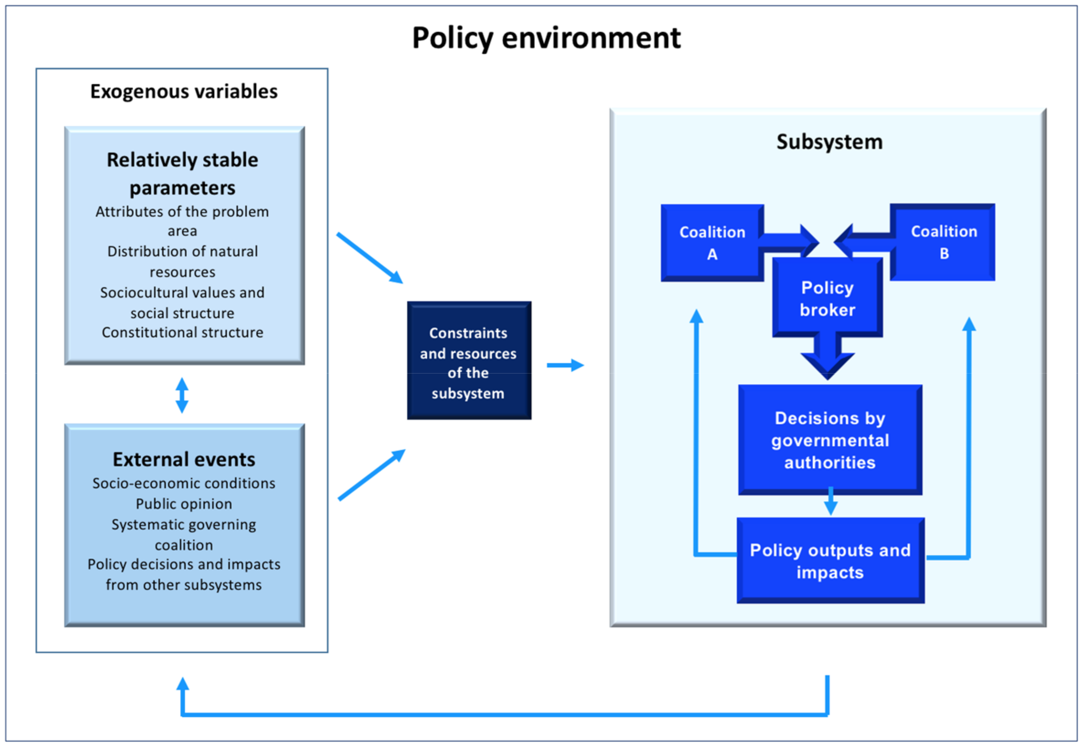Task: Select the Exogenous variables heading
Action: coord(183,91)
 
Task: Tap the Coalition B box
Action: coord(943,242)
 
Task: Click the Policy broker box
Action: coord(827,299)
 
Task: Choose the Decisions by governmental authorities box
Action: coord(829,440)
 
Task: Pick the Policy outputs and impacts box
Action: coord(830,561)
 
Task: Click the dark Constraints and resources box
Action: coord(468,360)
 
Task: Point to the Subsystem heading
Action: coord(829,142)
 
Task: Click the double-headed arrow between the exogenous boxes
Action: coord(182,396)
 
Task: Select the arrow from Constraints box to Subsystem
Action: coord(565,365)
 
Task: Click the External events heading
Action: coord(184,460)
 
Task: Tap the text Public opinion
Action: coord(184,504)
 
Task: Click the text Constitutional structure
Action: coord(183,332)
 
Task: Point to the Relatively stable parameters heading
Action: coord(183,173)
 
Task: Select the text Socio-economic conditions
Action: coord(184,483)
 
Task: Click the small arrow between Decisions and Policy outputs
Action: coord(830,502)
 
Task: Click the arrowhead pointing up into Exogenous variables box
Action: coord(183,685)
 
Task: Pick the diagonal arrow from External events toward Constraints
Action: coord(371,475)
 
